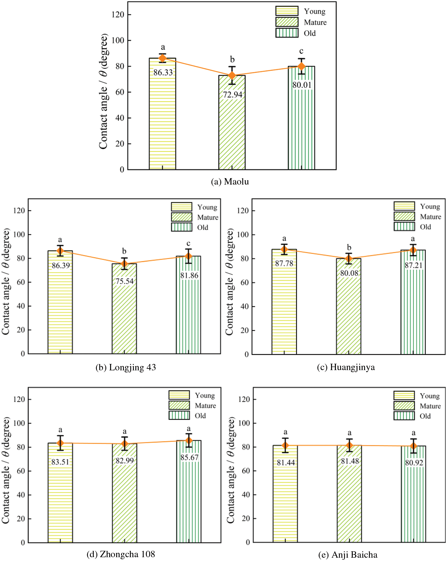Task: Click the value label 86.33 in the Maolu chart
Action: point(163,72)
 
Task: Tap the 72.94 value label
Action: point(232,94)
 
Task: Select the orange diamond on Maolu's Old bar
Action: point(301,66)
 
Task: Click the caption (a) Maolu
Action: point(230,181)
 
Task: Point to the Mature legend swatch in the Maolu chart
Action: point(287,22)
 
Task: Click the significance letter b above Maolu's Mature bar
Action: point(232,59)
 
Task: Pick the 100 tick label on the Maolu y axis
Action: point(118,40)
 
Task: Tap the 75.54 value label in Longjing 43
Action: point(124,281)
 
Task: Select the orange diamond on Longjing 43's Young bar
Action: point(60,251)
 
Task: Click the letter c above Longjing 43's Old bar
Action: point(189,243)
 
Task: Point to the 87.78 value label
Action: point(284,263)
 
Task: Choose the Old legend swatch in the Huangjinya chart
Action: point(404,227)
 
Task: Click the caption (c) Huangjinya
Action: point(346,367)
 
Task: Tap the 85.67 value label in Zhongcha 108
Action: point(189,457)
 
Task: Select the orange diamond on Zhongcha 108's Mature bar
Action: point(125,444)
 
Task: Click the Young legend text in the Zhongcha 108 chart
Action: point(205,396)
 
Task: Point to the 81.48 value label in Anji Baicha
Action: point(350,461)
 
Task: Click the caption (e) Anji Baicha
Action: point(348,555)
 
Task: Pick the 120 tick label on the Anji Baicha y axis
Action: point(244,399)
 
